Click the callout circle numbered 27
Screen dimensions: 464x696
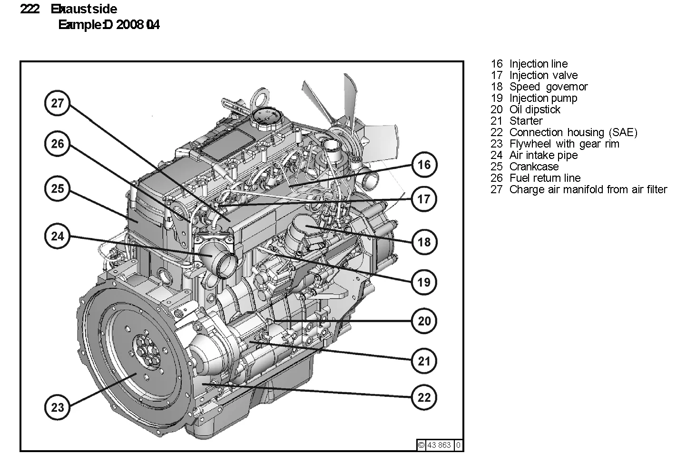tap(57, 103)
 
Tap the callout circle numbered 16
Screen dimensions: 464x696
tap(423, 165)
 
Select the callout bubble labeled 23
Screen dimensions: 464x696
tap(57, 407)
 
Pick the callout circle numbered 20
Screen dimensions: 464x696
tap(423, 321)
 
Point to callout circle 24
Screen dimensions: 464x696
tap(57, 236)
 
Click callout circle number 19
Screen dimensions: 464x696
tap(423, 282)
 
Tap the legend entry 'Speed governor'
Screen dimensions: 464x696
tap(548, 87)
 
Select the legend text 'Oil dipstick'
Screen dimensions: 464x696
tap(534, 109)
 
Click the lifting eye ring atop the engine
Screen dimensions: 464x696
tap(260, 97)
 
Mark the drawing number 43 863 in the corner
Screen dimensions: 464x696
tap(439, 445)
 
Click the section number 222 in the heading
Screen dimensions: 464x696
tap(29, 9)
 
